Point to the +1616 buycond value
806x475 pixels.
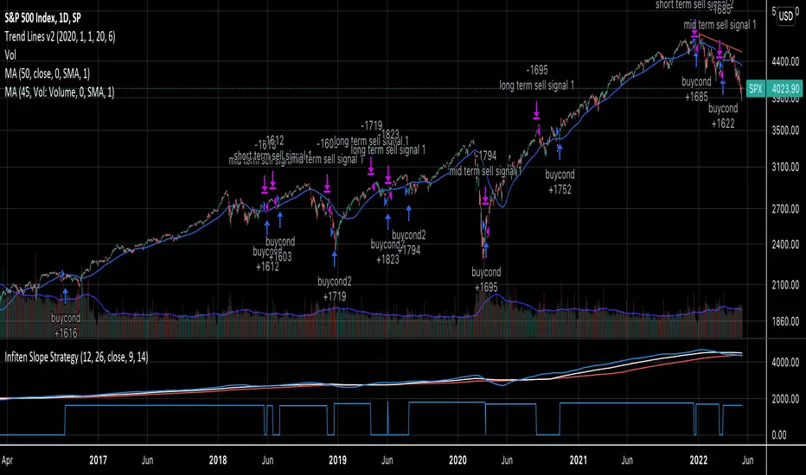coord(66,332)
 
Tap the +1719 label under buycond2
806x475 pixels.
coord(336,295)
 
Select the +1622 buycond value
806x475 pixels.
coord(723,123)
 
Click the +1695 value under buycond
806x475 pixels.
coord(485,286)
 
